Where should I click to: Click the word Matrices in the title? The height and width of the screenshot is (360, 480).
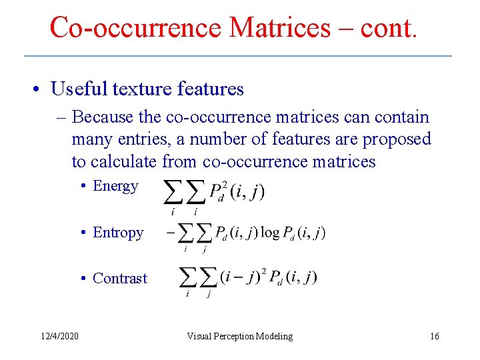pos(279,27)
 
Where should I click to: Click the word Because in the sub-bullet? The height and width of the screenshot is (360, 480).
pos(103,117)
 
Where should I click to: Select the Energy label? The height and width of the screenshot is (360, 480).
pos(115,186)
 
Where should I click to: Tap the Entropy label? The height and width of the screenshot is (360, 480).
pos(118,233)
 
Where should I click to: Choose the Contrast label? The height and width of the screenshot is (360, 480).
pos(120,278)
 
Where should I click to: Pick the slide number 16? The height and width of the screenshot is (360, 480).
pos(434,336)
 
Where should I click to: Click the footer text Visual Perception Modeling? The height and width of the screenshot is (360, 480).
pos(239,336)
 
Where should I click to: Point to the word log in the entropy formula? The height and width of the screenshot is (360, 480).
pos(270,232)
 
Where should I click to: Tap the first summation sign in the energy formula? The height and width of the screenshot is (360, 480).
pos(173,193)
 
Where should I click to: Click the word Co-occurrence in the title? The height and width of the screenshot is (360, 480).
pos(135,27)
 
